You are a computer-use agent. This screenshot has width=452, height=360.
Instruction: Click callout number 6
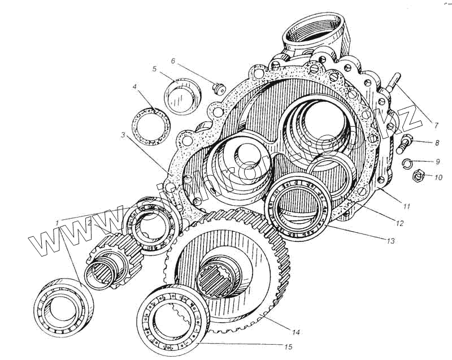[173, 60]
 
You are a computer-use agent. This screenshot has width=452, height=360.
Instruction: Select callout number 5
[154, 69]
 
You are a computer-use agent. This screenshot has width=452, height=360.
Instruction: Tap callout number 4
[135, 87]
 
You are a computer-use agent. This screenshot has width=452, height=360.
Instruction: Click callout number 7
[436, 124]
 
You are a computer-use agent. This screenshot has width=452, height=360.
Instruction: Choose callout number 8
[437, 144]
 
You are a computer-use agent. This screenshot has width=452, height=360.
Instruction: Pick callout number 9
[437, 161]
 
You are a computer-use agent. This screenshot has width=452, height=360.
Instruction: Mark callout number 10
[438, 177]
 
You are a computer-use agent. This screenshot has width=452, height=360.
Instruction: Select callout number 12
[399, 223]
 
